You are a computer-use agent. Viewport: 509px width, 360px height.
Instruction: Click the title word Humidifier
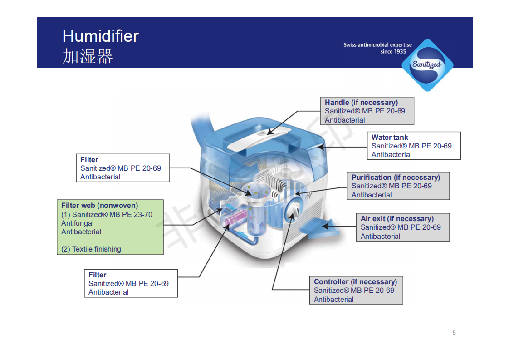tap(100, 36)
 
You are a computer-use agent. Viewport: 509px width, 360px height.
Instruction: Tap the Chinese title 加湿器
tap(88, 56)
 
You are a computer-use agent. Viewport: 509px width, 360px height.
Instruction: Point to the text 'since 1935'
tap(393, 52)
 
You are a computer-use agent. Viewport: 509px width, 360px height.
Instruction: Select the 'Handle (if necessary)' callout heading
tap(361, 102)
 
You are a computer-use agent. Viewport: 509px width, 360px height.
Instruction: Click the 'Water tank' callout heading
tap(390, 137)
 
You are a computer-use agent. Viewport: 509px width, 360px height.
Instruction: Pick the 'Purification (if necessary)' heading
tap(396, 177)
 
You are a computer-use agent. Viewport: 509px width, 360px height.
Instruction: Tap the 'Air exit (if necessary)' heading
tap(397, 218)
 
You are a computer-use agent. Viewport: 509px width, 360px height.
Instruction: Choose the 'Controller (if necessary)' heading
tap(355, 281)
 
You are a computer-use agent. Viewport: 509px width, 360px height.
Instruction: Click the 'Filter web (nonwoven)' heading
tap(100, 205)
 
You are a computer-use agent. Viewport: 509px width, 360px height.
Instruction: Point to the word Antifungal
tap(78, 223)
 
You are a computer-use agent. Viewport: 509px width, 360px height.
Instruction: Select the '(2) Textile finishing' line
tap(91, 249)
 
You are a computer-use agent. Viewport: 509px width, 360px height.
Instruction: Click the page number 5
tap(454, 333)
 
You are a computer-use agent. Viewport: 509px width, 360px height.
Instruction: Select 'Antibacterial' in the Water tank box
tap(392, 154)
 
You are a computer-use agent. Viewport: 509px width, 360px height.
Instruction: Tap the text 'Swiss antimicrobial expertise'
tap(377, 45)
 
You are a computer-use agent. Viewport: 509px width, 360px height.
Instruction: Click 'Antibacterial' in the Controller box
tap(334, 299)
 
